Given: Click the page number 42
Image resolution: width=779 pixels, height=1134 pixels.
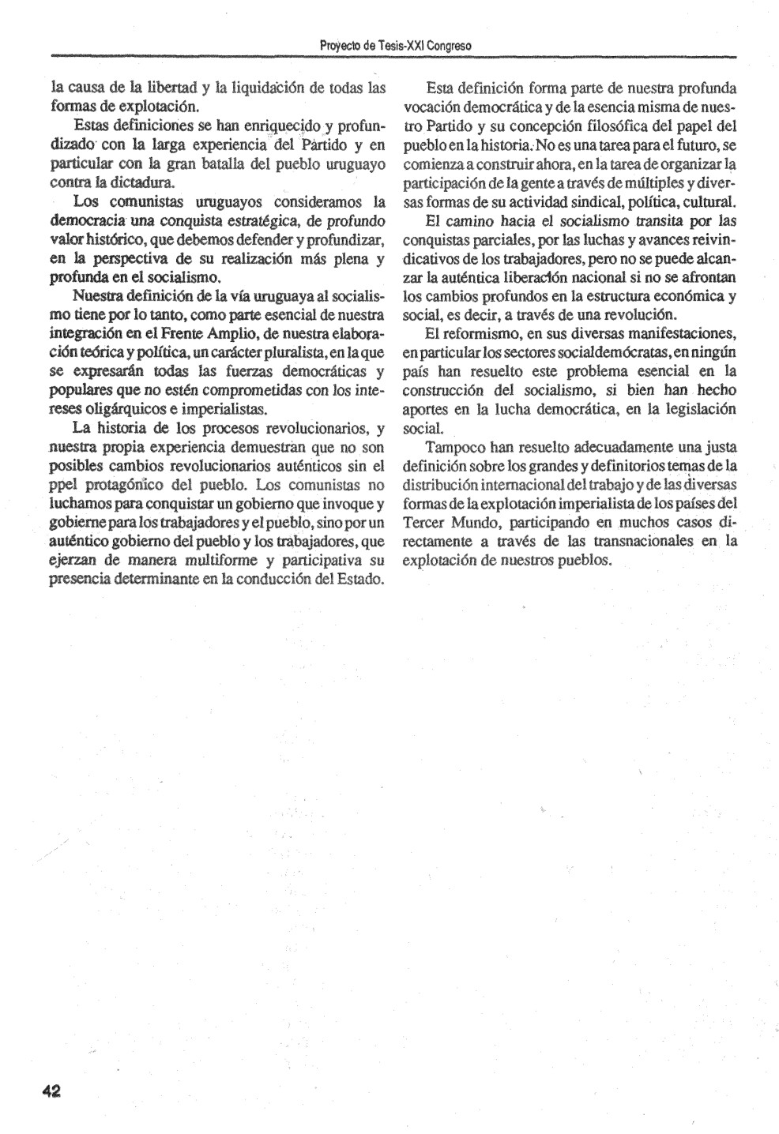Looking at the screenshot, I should point(52,1091).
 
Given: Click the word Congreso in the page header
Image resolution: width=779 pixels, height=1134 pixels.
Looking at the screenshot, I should point(449,46).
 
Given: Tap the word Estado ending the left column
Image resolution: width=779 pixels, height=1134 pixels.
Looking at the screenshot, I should point(363,580).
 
